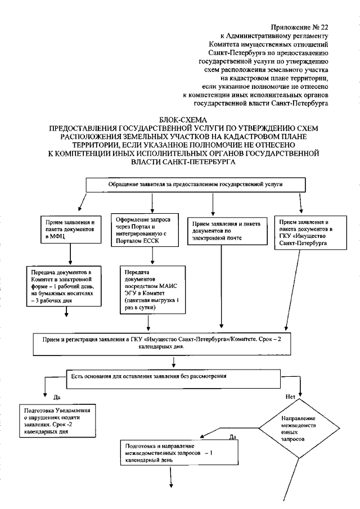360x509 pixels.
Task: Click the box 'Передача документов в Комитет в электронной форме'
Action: [70, 286]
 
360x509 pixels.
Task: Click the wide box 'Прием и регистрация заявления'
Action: [180, 344]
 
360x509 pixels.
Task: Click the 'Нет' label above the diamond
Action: [290, 397]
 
